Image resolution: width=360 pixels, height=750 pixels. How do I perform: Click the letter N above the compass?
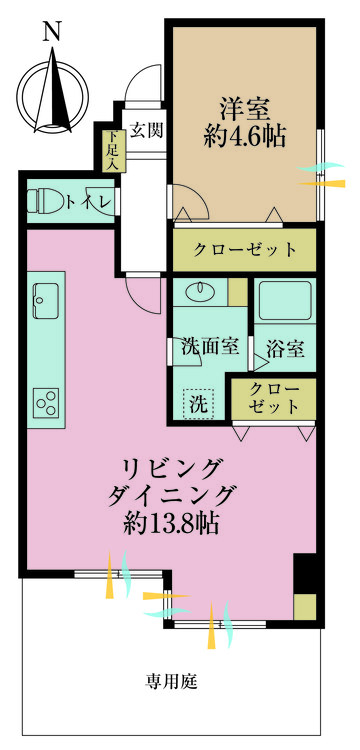coord(51,32)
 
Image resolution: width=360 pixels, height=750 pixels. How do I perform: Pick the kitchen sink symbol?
coord(47,296)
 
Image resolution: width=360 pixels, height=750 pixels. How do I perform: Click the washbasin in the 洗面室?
coord(199,292)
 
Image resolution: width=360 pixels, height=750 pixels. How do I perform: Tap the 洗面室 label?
coord(209,347)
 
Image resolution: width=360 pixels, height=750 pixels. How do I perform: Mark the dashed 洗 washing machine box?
coord(198,405)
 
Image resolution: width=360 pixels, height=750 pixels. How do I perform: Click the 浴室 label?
coord(286,349)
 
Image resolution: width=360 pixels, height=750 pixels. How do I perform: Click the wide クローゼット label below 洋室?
coord(245,249)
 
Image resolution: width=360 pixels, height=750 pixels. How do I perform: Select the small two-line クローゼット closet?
coord(274,398)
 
